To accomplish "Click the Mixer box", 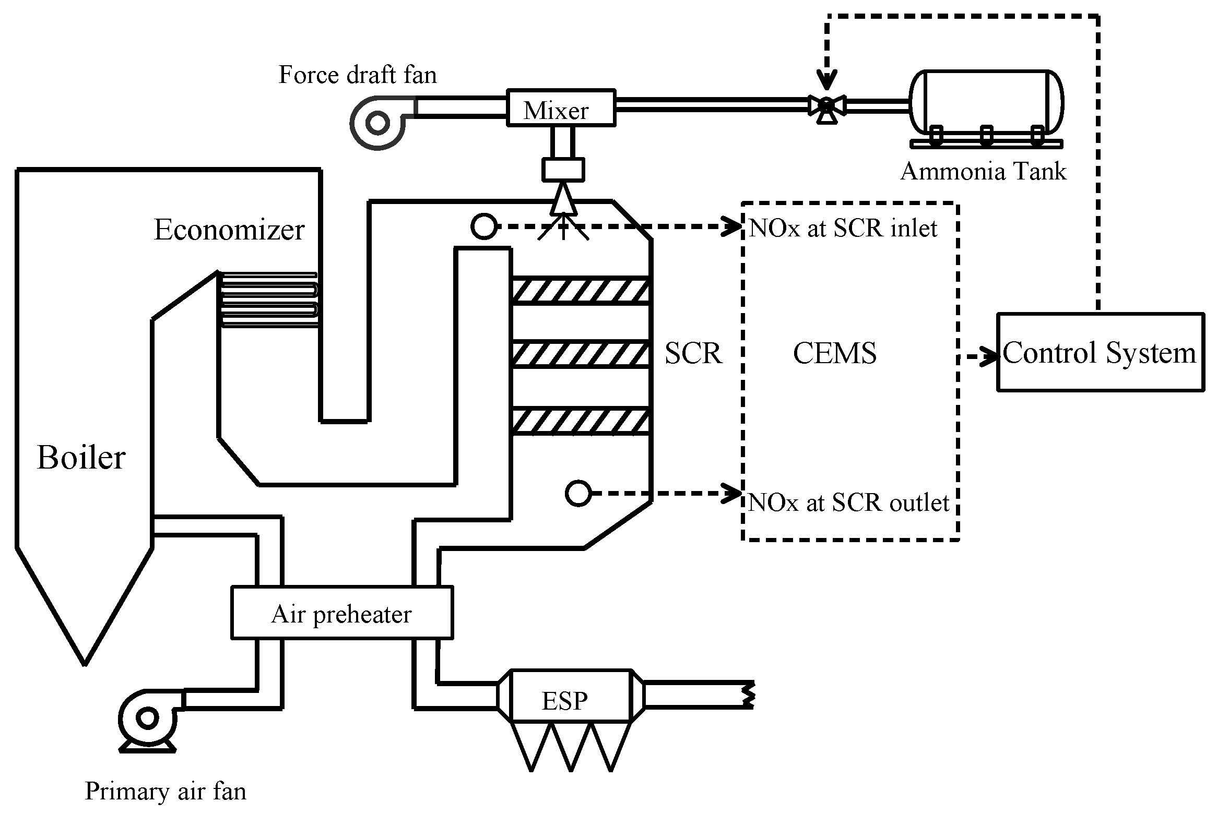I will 560,109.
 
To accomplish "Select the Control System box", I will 1100,352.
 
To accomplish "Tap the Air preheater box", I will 341,613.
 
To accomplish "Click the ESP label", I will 564,700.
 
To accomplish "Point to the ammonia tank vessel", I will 986,102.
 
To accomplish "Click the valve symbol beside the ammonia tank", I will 826,106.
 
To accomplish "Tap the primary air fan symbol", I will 148,719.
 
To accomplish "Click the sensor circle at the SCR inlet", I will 483,227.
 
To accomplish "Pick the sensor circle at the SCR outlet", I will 577,493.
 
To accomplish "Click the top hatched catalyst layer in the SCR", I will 581,291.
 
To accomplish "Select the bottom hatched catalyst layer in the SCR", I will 581,422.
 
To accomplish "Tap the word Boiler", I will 81,458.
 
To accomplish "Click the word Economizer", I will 229,230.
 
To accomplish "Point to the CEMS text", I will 834,353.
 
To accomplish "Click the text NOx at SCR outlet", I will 848,502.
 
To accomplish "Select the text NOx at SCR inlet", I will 843,228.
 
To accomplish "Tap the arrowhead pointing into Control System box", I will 989,357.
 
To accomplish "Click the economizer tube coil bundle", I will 268,300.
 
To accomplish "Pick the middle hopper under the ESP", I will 571,745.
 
